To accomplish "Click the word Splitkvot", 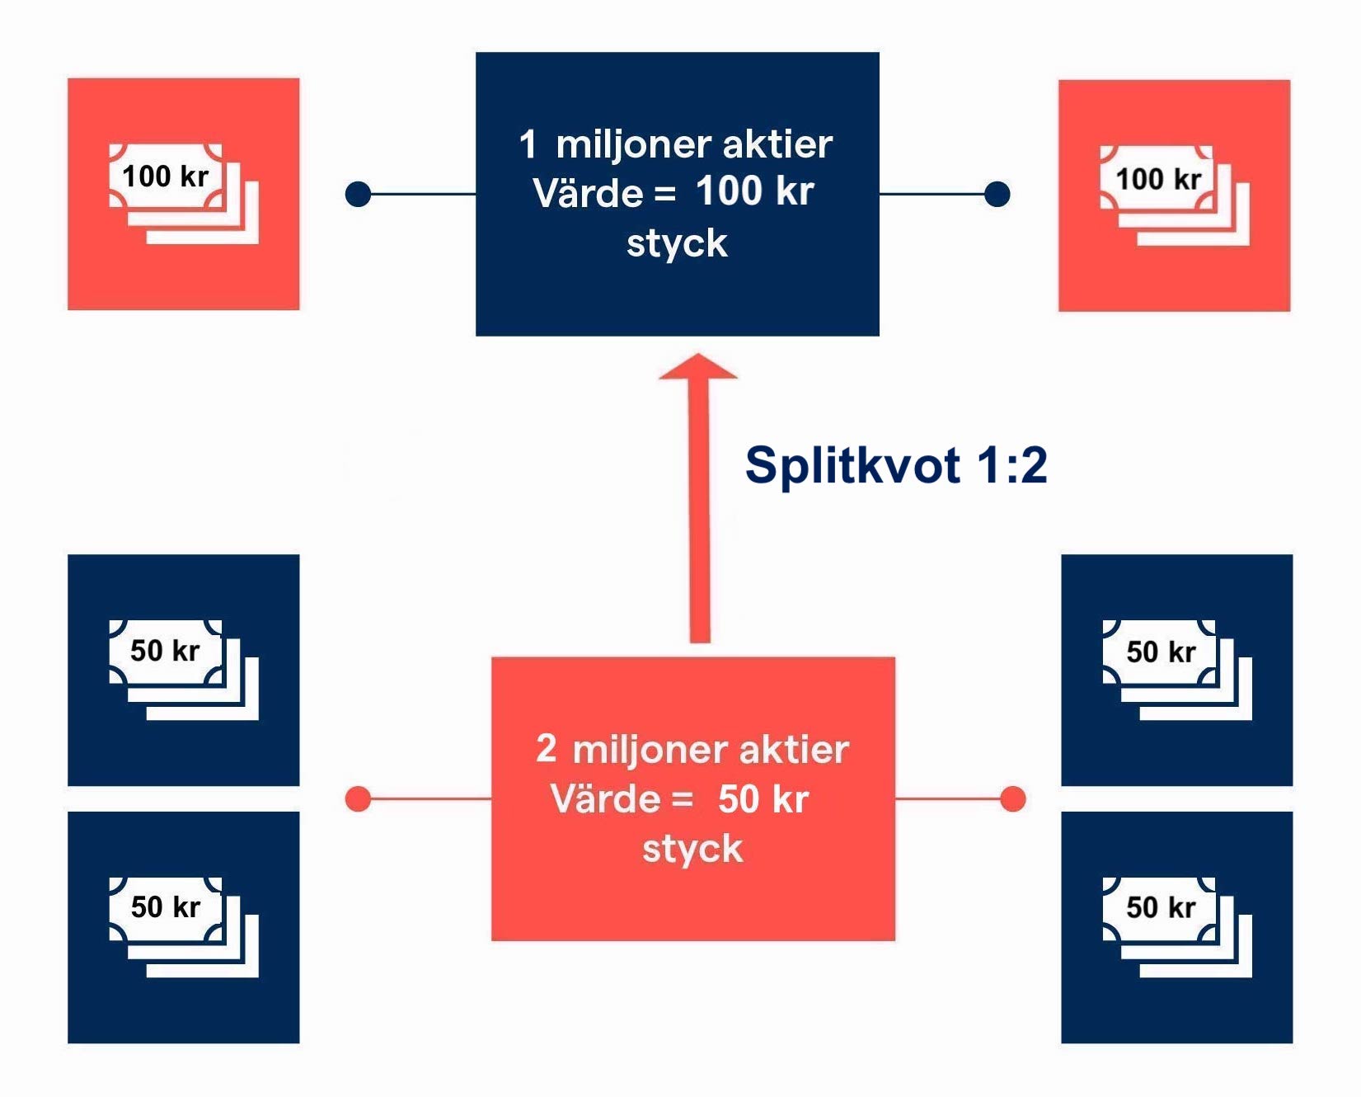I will (852, 466).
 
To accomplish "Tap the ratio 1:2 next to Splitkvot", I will (1011, 466).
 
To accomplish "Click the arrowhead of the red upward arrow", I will (698, 368).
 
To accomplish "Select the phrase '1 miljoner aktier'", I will (676, 144).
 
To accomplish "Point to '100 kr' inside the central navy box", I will (754, 191).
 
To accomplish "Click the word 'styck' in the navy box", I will (677, 243).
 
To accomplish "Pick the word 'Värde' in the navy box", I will (587, 194).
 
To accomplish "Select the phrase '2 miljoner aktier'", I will (692, 749).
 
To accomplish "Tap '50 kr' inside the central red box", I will (763, 798).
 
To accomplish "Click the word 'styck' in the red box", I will (692, 849).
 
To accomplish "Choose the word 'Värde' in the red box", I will (605, 799).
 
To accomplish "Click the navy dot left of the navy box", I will (358, 194).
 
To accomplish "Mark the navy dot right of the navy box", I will (997, 194).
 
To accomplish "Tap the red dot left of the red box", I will (358, 798).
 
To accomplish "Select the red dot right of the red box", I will (1012, 798).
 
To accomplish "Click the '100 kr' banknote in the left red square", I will (166, 177).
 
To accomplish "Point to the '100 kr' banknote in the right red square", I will (1157, 179).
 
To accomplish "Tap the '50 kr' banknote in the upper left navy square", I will (166, 651).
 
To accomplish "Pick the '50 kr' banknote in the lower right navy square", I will (1160, 907).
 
